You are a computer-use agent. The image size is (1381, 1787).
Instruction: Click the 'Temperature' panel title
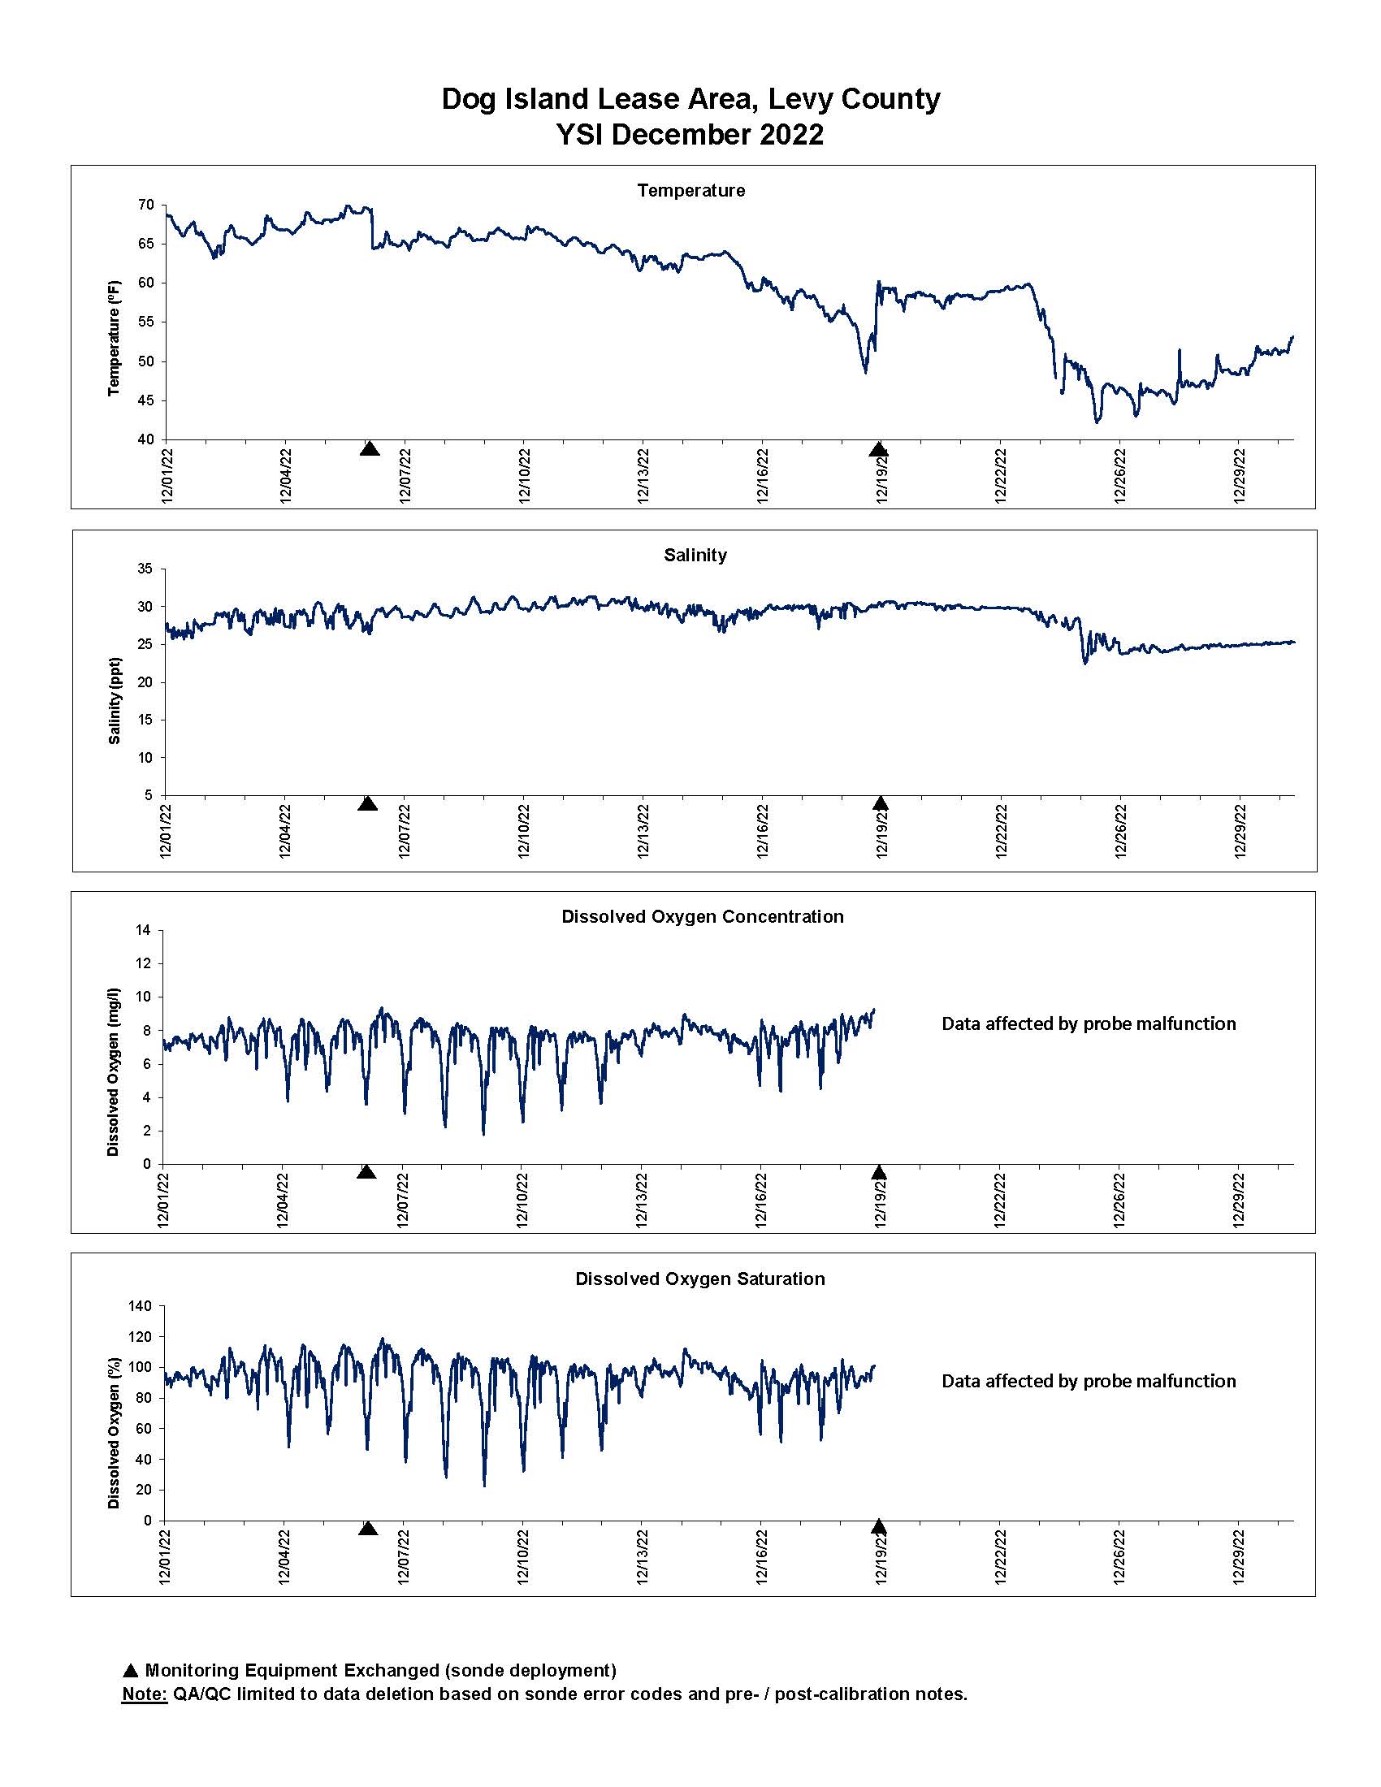click(x=691, y=191)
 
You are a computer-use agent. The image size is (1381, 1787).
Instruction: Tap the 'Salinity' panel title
click(x=695, y=555)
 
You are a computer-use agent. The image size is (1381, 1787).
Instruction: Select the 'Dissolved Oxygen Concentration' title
click(x=703, y=916)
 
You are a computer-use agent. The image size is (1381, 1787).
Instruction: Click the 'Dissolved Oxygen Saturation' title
click(x=700, y=1279)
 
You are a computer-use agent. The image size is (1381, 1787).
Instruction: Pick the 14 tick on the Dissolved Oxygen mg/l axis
click(x=144, y=930)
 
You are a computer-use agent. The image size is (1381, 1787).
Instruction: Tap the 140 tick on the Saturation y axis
click(x=141, y=1306)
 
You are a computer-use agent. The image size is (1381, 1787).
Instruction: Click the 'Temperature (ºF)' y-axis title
click(x=114, y=338)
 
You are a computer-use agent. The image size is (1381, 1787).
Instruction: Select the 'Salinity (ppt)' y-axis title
click(x=115, y=700)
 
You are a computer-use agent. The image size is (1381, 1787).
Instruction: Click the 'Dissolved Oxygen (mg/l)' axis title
click(x=113, y=1072)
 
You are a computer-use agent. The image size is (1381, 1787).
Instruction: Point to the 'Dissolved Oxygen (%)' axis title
click(x=114, y=1433)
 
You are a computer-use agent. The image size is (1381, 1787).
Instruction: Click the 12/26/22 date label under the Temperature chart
click(x=1121, y=475)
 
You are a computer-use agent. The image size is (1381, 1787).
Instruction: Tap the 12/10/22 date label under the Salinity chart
click(x=524, y=830)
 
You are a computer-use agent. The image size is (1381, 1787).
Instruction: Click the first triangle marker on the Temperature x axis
click(x=370, y=448)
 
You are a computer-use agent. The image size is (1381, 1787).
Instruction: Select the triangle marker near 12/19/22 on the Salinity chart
click(x=881, y=803)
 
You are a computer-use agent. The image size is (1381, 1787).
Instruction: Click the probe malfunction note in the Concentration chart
click(x=1089, y=1023)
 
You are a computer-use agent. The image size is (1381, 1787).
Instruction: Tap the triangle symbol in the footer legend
click(x=130, y=1670)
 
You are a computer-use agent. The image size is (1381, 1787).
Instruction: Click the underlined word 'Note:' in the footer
click(x=145, y=1694)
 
